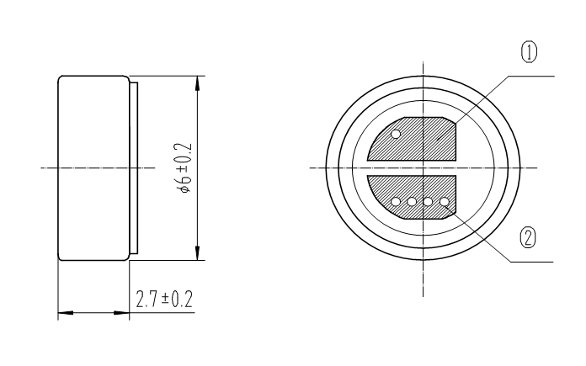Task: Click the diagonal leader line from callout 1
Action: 480,101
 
